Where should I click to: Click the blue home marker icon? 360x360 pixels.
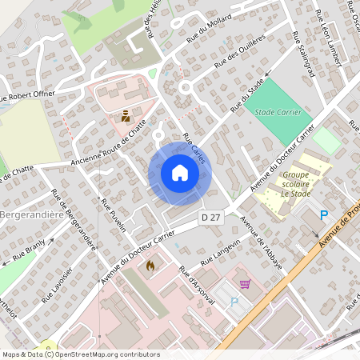point(180,173)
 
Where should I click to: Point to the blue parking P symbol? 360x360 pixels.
point(324,215)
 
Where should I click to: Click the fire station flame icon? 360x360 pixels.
point(149,265)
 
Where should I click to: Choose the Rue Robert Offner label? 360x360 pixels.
point(26,97)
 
